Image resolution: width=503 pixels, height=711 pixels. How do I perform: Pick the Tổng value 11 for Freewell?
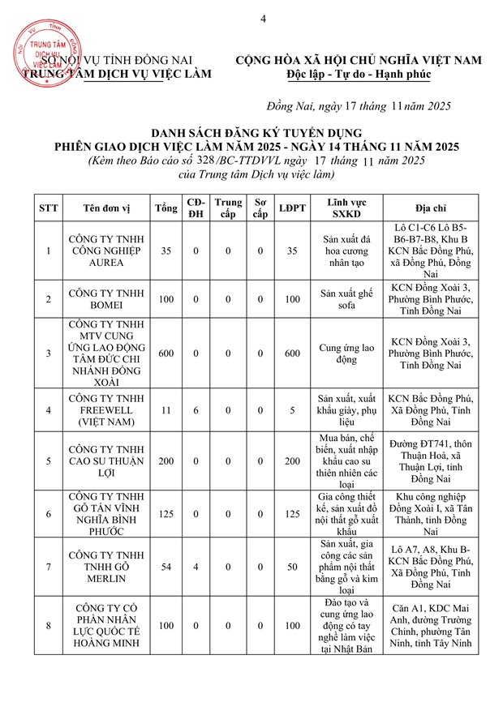(166, 410)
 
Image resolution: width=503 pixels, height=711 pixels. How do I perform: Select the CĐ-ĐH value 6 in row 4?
(196, 410)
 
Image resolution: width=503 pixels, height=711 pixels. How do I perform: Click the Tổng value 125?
(166, 513)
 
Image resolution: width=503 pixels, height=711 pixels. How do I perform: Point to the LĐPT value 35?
(292, 251)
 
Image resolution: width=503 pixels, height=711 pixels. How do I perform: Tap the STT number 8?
(49, 625)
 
